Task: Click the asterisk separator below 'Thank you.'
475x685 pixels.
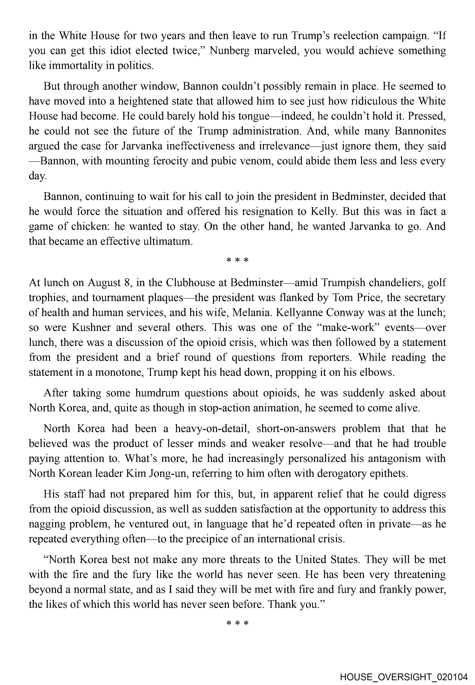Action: (x=237, y=623)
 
